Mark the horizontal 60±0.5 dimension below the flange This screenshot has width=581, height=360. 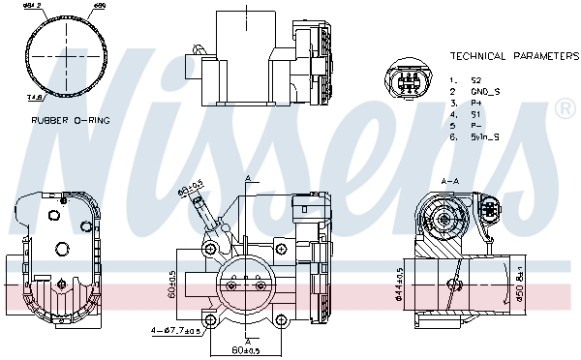(247, 349)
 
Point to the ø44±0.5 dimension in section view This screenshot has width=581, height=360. (400, 283)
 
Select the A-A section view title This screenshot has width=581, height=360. (450, 180)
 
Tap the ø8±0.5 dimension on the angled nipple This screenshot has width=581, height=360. (189, 185)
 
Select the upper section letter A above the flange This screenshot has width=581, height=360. (247, 180)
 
